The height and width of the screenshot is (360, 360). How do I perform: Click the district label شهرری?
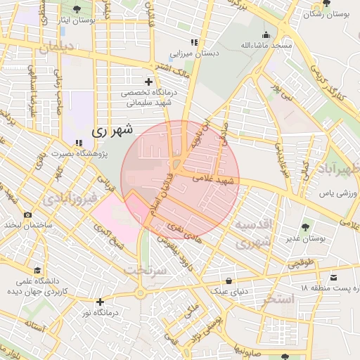[x=112, y=130]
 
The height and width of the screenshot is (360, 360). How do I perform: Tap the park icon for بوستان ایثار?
[x=77, y=9]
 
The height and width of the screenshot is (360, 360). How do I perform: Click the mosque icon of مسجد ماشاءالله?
[x=266, y=34]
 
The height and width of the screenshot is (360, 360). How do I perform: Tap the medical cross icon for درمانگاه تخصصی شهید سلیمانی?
[x=148, y=82]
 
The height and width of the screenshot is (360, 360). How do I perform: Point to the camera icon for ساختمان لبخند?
[x=27, y=214]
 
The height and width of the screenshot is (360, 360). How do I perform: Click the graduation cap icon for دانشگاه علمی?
[x=37, y=270]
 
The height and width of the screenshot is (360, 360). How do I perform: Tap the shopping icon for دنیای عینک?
[x=229, y=280]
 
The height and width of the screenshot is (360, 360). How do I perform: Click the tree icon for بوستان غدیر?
[x=305, y=227]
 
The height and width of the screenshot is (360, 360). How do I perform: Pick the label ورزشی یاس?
[x=336, y=193]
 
